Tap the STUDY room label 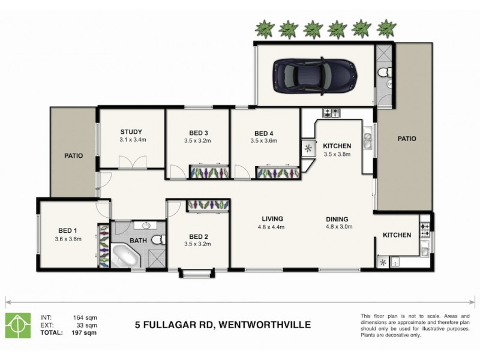tap(131, 132)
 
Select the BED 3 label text tap(197, 133)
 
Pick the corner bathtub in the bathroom tap(124, 256)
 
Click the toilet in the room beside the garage tap(383, 74)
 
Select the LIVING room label tap(271, 219)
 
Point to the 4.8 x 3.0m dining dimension tap(339, 227)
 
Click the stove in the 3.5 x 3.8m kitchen tap(331, 113)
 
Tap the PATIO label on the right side tap(406, 139)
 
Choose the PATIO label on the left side tap(73, 155)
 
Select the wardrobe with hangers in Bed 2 tap(208, 205)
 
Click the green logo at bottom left tap(18, 325)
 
